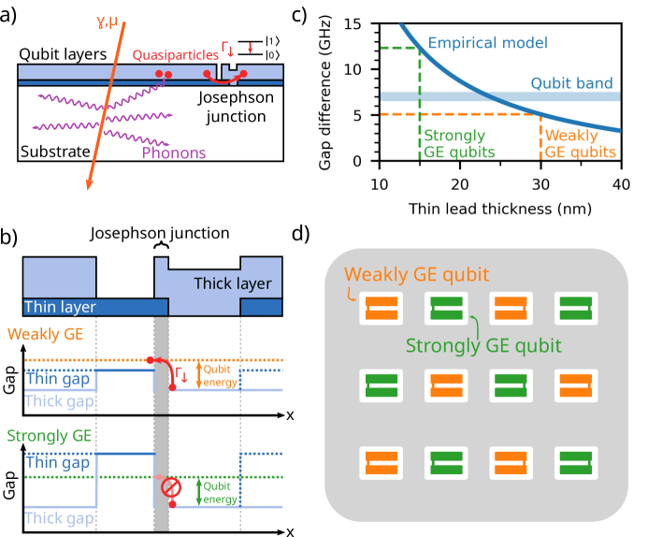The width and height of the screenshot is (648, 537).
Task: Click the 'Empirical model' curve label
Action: point(487,43)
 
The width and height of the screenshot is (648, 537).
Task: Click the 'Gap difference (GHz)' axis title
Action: point(325,93)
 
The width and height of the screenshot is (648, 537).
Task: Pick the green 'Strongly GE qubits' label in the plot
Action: point(454,143)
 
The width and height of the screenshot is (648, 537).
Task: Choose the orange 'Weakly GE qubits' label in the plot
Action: point(580,143)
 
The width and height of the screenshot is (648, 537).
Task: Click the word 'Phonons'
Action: point(173,152)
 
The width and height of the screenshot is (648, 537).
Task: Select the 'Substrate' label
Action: point(55,152)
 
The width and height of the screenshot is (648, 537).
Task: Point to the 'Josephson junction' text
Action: point(236,107)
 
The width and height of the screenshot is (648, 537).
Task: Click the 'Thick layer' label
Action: point(232,283)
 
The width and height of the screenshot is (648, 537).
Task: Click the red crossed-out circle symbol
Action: point(170,487)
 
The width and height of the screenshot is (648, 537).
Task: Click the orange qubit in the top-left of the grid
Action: point(381,309)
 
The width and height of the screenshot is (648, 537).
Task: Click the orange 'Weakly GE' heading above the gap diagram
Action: point(44,333)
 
